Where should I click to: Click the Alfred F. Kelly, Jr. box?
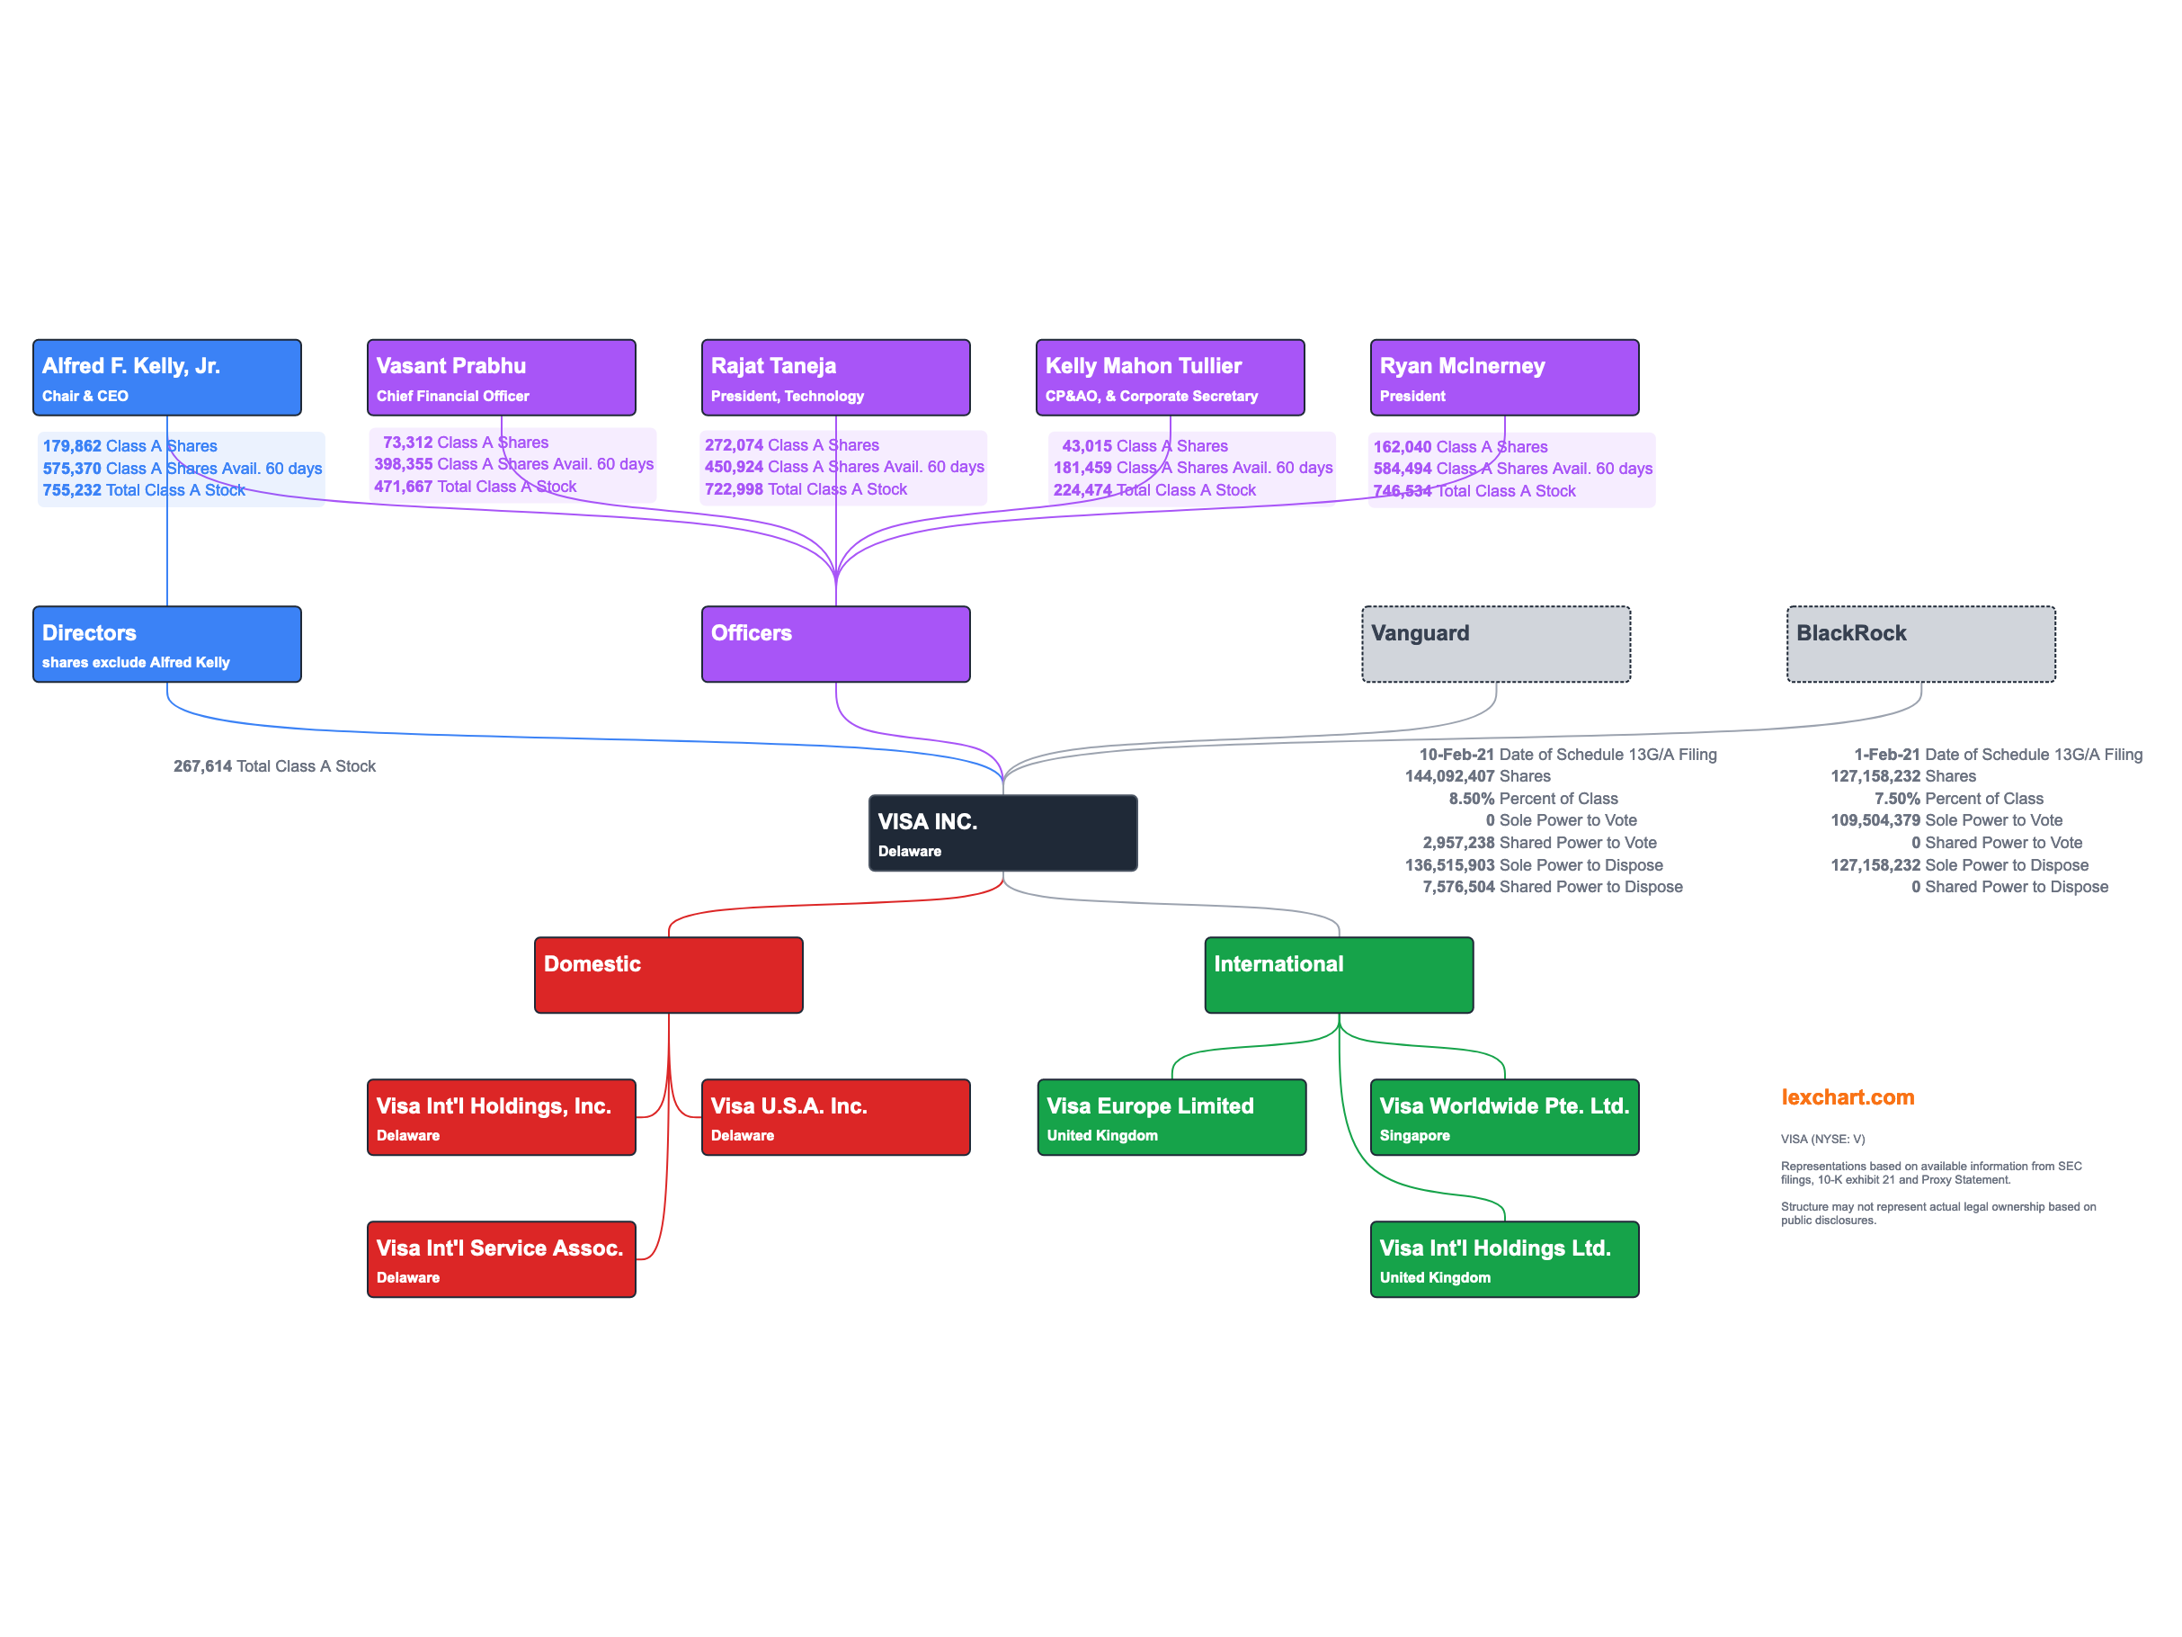click(166, 378)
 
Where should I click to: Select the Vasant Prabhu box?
click(501, 378)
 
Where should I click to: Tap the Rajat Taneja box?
click(835, 378)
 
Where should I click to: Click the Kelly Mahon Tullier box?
click(1170, 378)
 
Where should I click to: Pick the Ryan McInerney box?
click(1504, 378)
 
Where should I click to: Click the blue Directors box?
click(166, 644)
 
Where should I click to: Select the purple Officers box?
click(835, 644)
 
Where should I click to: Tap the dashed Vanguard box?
click(1495, 644)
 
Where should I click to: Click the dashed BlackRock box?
click(1920, 644)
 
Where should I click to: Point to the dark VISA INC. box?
click(1002, 833)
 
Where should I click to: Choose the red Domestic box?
click(669, 975)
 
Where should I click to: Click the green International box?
click(1339, 975)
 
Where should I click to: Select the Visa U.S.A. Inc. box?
click(835, 1117)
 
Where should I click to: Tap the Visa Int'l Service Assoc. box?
click(501, 1259)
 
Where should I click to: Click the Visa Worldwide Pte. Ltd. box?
click(1504, 1117)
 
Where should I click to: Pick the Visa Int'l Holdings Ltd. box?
click(1504, 1259)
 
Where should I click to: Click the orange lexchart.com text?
click(1847, 1097)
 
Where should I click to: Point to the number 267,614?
click(202, 766)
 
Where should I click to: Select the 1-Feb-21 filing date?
click(1886, 755)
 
